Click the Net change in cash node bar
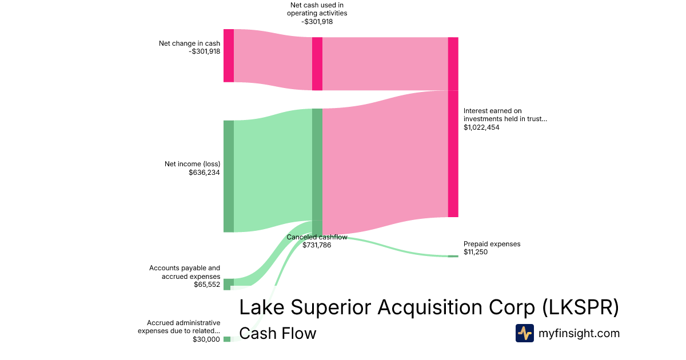(x=229, y=56)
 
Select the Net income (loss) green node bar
(x=229, y=177)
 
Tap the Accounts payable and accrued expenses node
(x=229, y=285)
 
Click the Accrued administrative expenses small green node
(x=227, y=339)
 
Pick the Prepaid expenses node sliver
(x=453, y=256)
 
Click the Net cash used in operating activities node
(x=317, y=63)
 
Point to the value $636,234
(x=204, y=173)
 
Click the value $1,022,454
(x=481, y=127)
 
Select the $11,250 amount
(x=476, y=252)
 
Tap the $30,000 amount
(x=206, y=339)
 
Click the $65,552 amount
(x=207, y=285)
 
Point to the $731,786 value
(x=317, y=245)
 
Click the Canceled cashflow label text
(x=317, y=237)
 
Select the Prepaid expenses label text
(x=492, y=244)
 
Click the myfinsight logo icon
(x=525, y=333)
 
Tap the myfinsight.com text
(x=579, y=333)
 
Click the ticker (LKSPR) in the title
(x=581, y=307)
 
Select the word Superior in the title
(x=331, y=307)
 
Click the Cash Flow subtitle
(x=278, y=333)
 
